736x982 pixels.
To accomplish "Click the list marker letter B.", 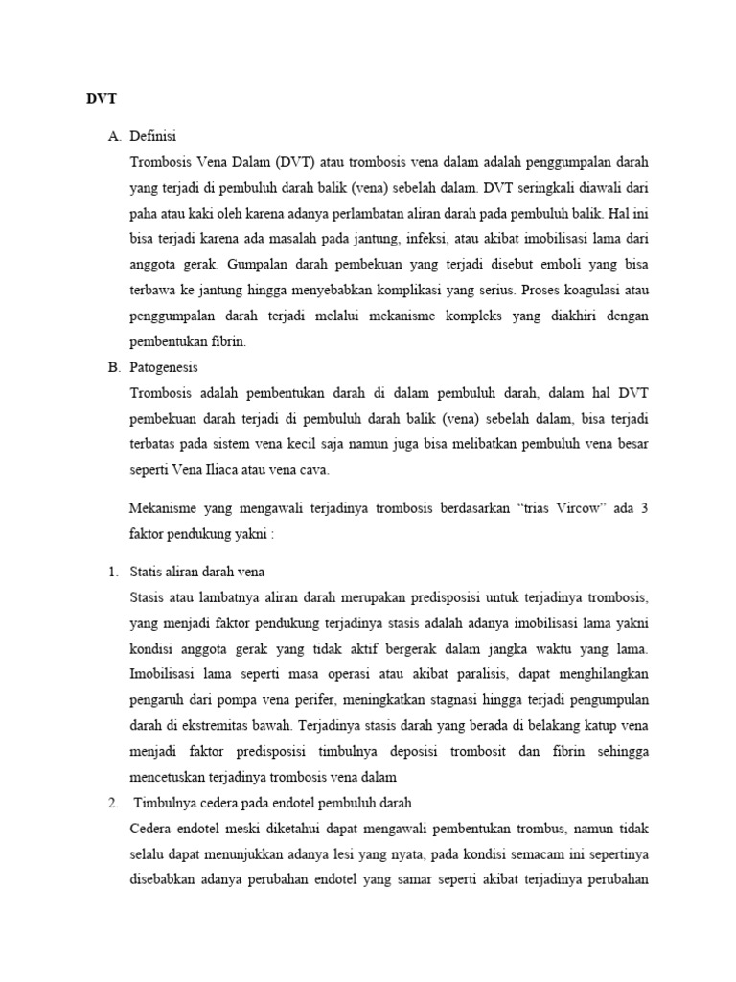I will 110,366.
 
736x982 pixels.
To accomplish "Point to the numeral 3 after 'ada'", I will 645,508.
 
